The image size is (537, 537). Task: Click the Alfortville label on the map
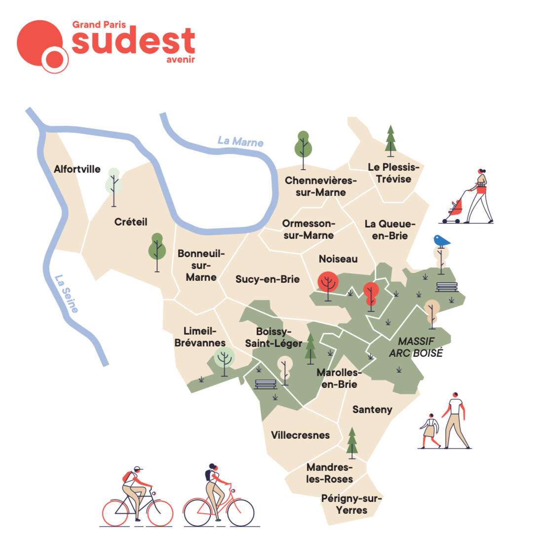(77, 169)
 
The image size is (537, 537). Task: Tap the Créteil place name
(131, 222)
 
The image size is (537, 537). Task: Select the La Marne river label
(240, 141)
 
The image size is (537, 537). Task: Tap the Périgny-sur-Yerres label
(351, 504)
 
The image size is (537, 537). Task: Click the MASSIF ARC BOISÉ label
(421, 347)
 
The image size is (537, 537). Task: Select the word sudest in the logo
(133, 41)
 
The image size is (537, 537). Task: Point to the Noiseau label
(338, 259)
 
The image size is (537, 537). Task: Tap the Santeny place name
(372, 409)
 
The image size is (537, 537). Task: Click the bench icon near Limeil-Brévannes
(266, 384)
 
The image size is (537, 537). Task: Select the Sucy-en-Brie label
(268, 279)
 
